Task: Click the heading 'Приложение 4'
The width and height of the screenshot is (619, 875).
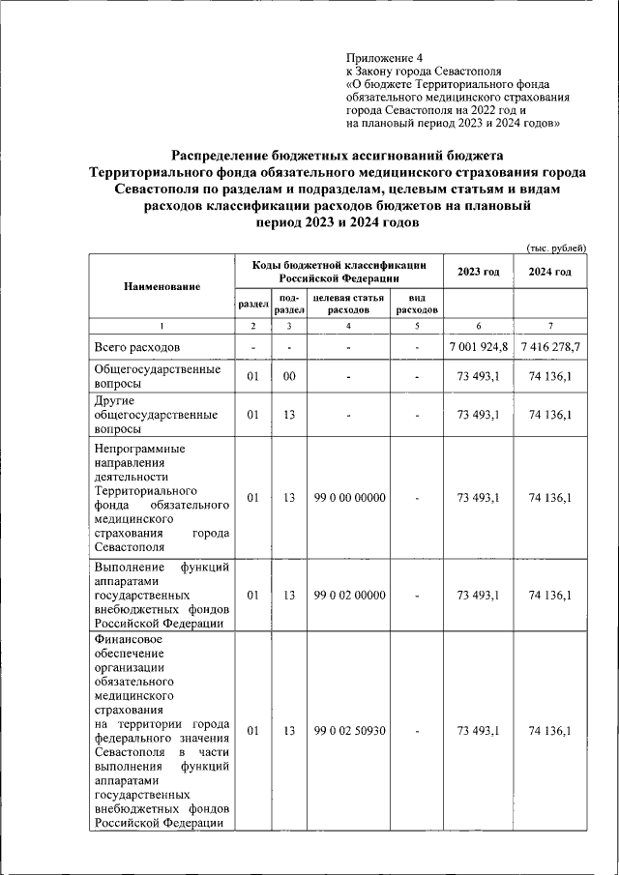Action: pyautogui.click(x=384, y=57)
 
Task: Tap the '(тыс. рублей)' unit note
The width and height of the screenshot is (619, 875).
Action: pyautogui.click(x=556, y=248)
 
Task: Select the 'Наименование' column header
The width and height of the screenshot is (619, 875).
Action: pyautogui.click(x=162, y=286)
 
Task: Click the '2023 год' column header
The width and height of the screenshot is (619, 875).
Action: pyautogui.click(x=478, y=272)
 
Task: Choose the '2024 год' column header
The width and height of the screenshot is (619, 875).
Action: pyautogui.click(x=549, y=272)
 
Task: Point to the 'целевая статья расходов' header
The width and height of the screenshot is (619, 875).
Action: pyautogui.click(x=348, y=304)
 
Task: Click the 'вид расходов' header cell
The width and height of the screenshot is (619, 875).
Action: pyautogui.click(x=417, y=304)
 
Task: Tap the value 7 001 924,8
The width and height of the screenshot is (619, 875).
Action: pyautogui.click(x=478, y=346)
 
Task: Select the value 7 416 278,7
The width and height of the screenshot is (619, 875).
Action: pyautogui.click(x=549, y=346)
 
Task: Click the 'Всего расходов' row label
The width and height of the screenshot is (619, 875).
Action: pyautogui.click(x=136, y=346)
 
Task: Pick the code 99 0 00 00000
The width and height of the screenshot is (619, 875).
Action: pyautogui.click(x=349, y=498)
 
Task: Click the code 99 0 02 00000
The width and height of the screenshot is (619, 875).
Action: pyautogui.click(x=349, y=596)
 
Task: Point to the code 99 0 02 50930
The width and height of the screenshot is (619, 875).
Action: pyautogui.click(x=349, y=731)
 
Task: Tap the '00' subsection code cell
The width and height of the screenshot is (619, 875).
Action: pyautogui.click(x=288, y=376)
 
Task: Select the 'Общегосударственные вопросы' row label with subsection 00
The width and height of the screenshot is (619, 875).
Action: pyautogui.click(x=158, y=376)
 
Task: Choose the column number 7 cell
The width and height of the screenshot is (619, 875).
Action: pyautogui.click(x=549, y=325)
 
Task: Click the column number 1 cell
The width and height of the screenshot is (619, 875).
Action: pyautogui.click(x=162, y=325)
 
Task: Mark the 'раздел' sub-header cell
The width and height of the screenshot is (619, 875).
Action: pyautogui.click(x=252, y=304)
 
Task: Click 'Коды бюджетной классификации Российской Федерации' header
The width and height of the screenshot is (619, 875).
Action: pyautogui.click(x=339, y=271)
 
